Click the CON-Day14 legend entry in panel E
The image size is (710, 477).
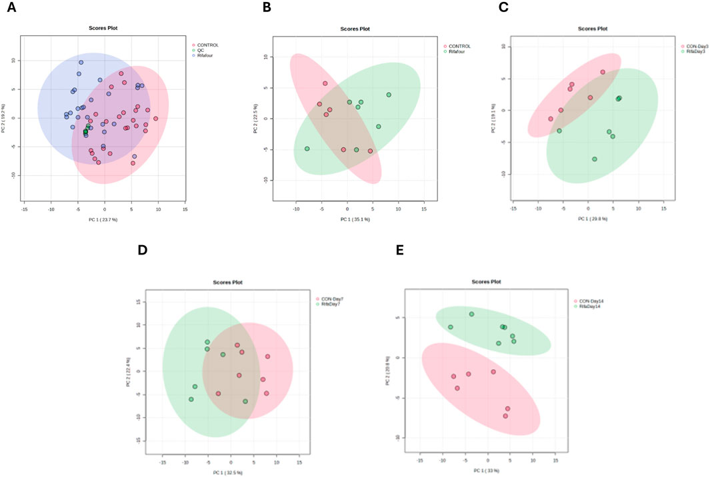click(x=587, y=301)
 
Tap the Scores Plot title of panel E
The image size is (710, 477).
click(x=485, y=282)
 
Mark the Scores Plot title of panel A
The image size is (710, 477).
click(x=103, y=28)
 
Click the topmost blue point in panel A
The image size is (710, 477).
click(x=81, y=63)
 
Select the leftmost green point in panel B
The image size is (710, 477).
click(x=307, y=149)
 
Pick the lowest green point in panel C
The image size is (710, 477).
click(x=594, y=159)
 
